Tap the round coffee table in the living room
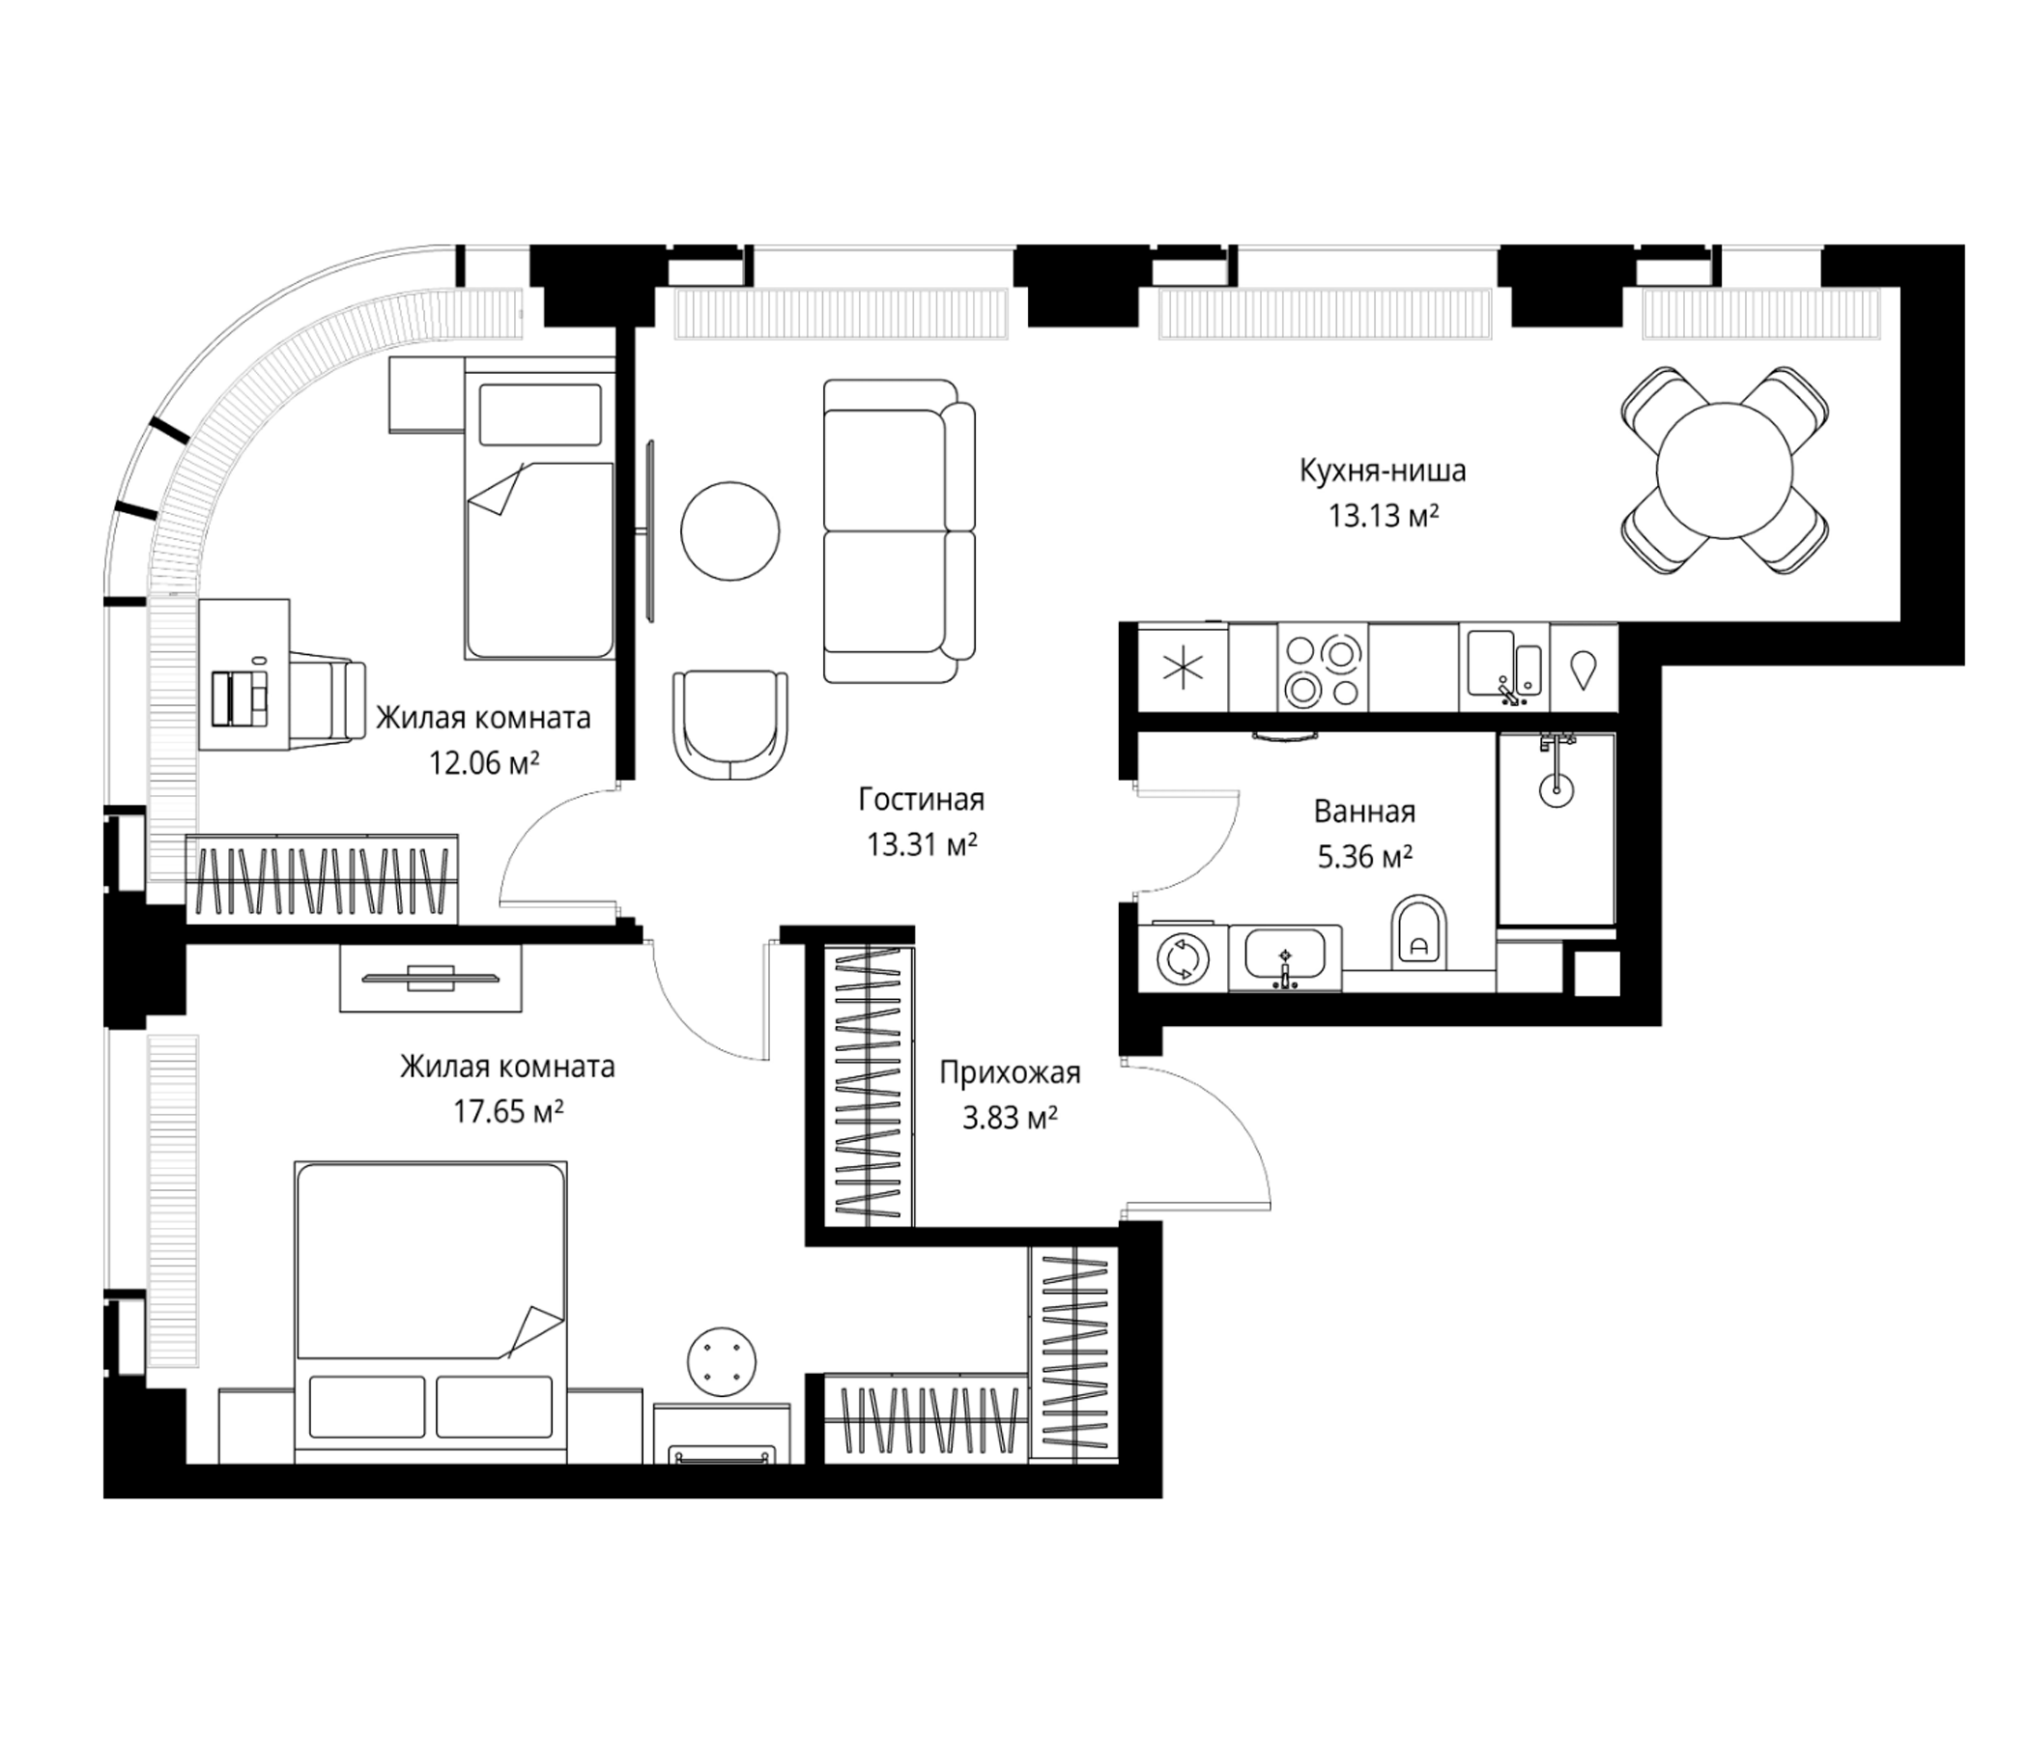pyautogui.click(x=730, y=531)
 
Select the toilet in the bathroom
pyautogui.click(x=1418, y=930)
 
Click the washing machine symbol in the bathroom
pyautogui.click(x=1183, y=959)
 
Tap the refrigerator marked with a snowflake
pyautogui.click(x=1183, y=670)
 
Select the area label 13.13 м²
pyautogui.click(x=1383, y=516)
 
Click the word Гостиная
pyautogui.click(x=922, y=799)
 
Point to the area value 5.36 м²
pyautogui.click(x=1364, y=858)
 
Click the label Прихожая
pyautogui.click(x=1010, y=1073)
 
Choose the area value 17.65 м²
pyautogui.click(x=507, y=1111)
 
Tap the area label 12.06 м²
pyautogui.click(x=484, y=762)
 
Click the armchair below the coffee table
pyautogui.click(x=730, y=725)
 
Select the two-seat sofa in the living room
pyautogui.click(x=899, y=530)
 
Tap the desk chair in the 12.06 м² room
pyautogui.click(x=328, y=699)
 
